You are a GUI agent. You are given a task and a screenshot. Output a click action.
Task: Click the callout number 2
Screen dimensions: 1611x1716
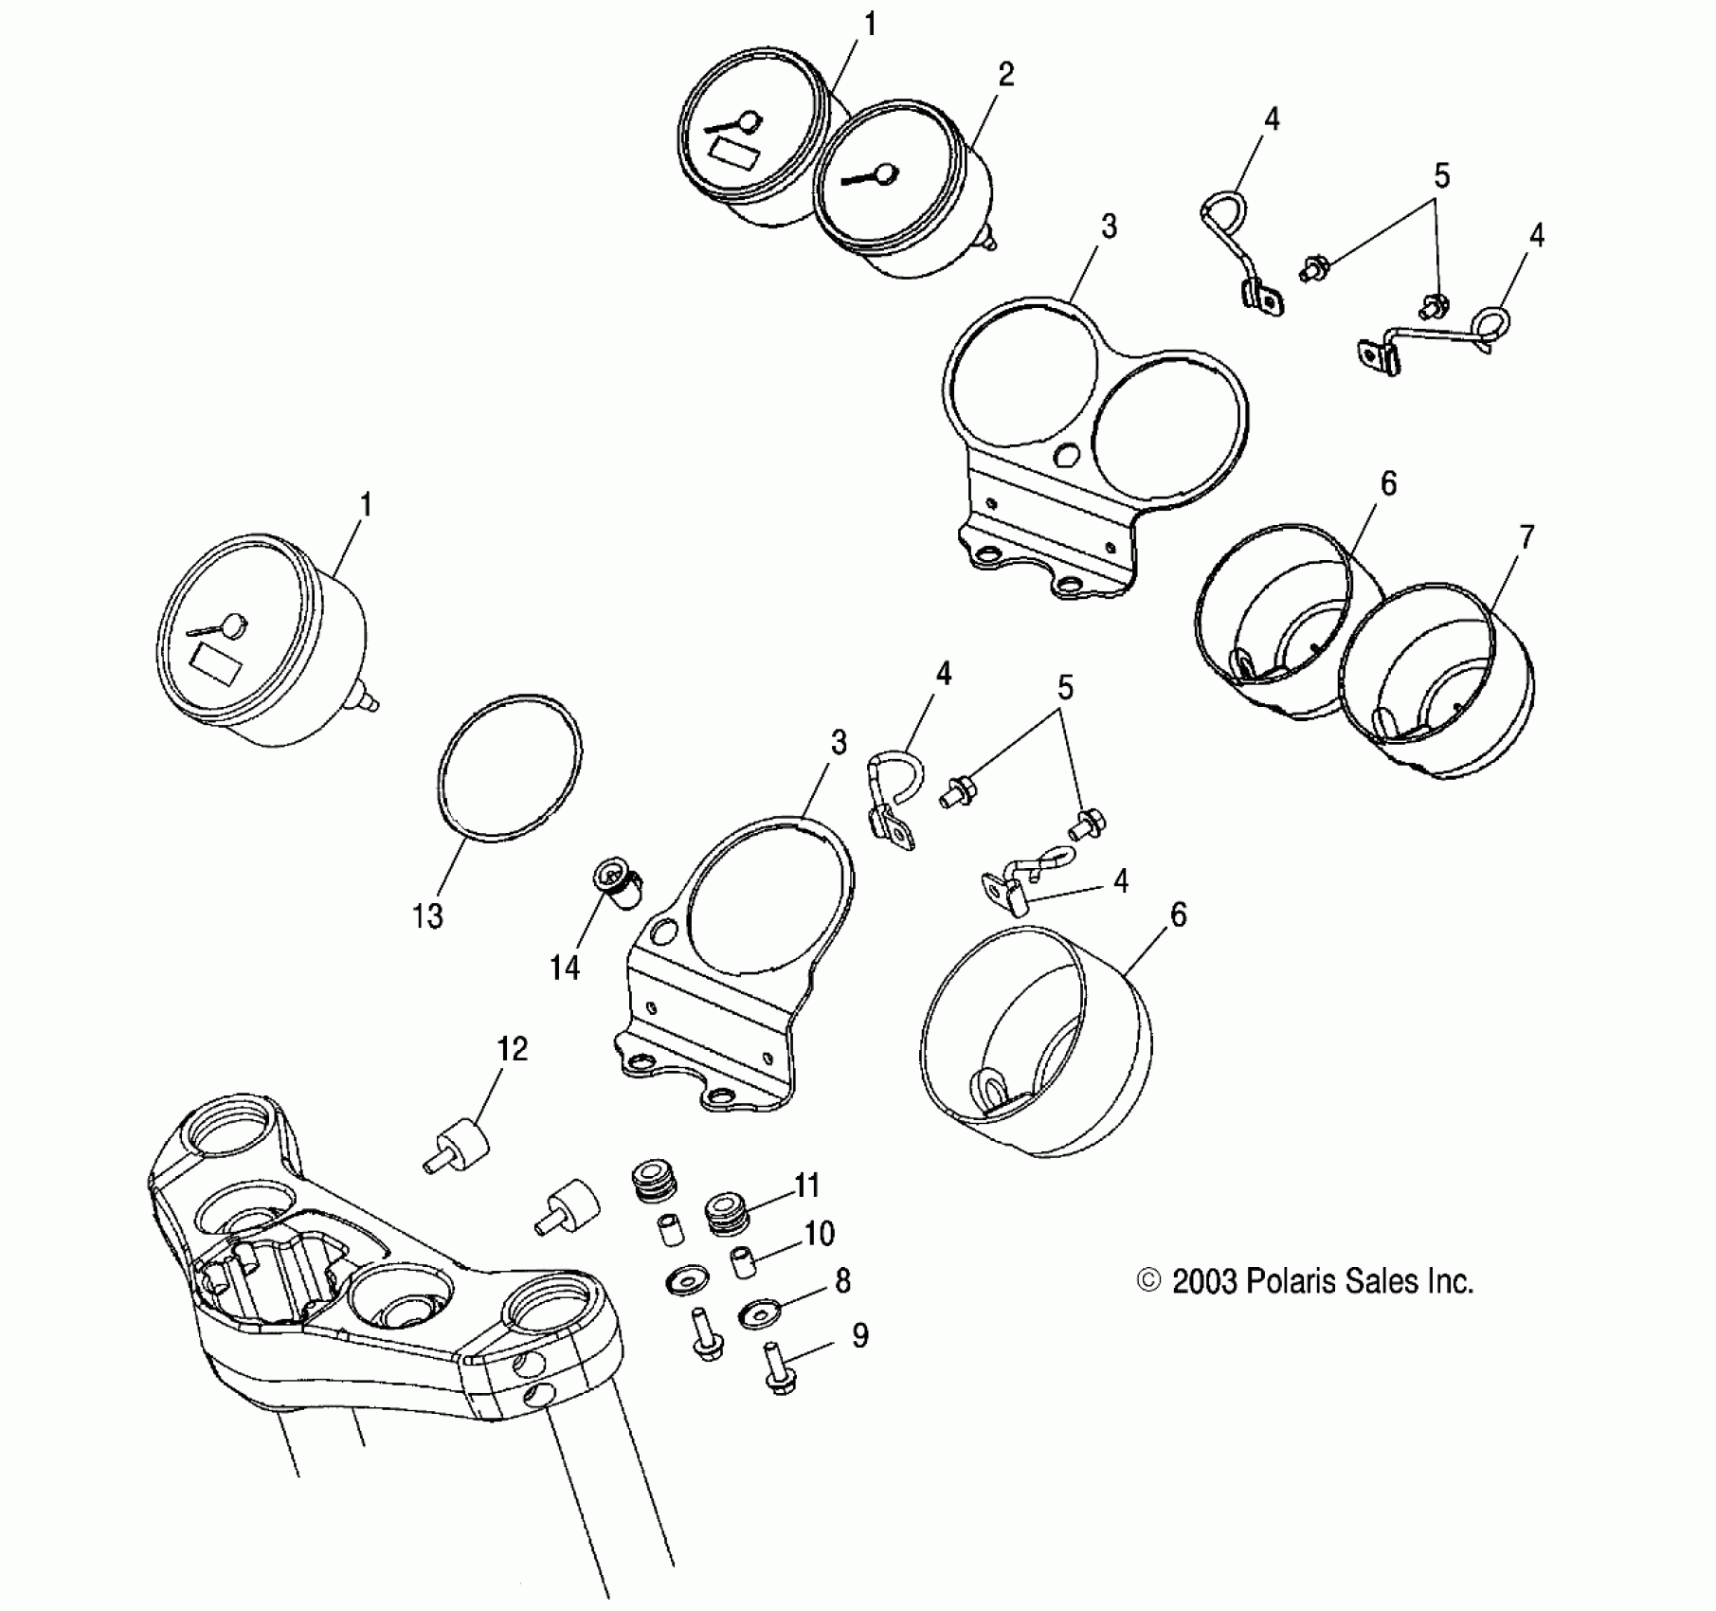coord(1006,75)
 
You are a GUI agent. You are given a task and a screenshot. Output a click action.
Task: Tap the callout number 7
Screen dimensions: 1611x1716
coord(1526,537)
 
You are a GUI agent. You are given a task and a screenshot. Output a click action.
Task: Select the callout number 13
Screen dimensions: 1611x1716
coord(427,916)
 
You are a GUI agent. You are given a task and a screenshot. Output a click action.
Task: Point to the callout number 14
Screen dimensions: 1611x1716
coord(565,968)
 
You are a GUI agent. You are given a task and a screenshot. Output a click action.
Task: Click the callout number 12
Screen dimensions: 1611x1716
coord(513,1049)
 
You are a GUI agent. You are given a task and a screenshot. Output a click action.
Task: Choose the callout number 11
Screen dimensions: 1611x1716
coord(806,1185)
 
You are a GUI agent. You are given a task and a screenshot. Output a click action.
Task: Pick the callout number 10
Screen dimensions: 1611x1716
coord(820,1233)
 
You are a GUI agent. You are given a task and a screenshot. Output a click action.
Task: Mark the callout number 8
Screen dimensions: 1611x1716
coord(842,1281)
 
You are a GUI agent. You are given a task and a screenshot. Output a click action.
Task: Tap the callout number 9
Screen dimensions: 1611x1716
coord(859,1335)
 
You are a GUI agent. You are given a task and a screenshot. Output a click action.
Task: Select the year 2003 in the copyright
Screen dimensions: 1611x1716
coord(1204,1282)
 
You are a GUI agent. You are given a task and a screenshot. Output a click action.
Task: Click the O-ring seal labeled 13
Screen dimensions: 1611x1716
coord(511,766)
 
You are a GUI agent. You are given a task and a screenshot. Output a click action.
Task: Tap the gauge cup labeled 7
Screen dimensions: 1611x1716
coord(1436,682)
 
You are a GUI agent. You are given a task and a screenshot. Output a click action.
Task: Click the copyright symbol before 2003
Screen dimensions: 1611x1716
coord(1148,1281)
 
